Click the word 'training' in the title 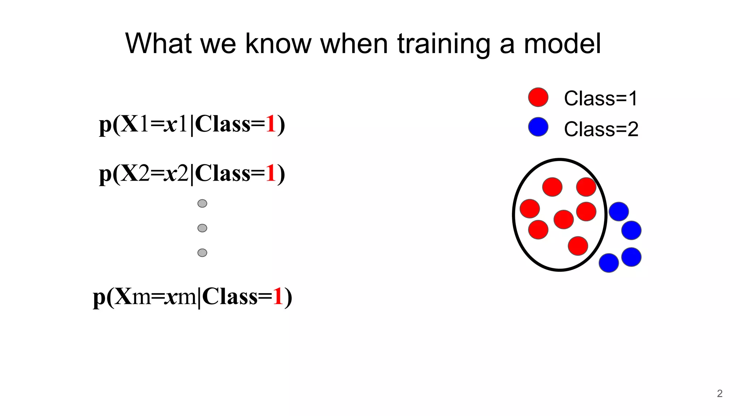(444, 44)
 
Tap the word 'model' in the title (562, 44)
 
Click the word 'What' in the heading (158, 44)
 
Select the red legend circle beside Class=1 (538, 97)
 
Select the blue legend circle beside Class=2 (538, 127)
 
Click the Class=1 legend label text (601, 98)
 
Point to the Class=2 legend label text (601, 129)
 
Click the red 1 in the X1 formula (271, 124)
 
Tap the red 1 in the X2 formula (271, 173)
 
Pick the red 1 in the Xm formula (277, 297)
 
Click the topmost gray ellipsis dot (202, 203)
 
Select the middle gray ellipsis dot (202, 228)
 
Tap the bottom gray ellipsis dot (202, 252)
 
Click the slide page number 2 (719, 393)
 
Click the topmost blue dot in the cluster (619, 212)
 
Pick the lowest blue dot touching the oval (608, 263)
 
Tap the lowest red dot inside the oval (578, 246)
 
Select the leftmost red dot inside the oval (530, 208)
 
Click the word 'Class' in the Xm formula (230, 297)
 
